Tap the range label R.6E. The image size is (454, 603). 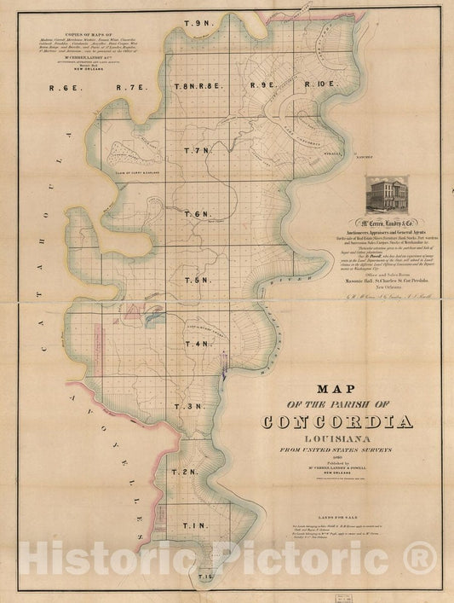click(64, 86)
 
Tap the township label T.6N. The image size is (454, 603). click(196, 214)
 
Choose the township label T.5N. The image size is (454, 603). click(197, 280)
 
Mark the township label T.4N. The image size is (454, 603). click(197, 344)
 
